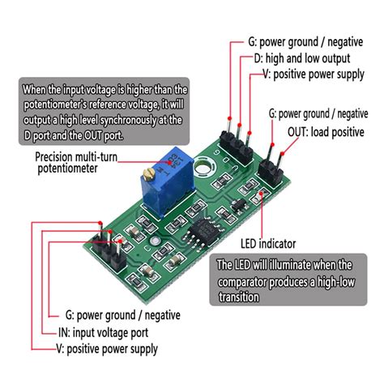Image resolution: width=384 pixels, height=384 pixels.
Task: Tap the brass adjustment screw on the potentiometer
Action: (148, 174)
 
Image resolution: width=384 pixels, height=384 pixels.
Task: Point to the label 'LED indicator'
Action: (268, 244)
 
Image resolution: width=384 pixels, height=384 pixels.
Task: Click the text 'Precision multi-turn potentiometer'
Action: (76, 163)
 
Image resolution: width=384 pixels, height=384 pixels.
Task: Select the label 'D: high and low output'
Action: (302, 58)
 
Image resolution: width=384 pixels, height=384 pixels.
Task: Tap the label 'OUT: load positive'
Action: (326, 132)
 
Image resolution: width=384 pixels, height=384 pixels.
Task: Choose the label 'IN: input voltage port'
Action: (104, 332)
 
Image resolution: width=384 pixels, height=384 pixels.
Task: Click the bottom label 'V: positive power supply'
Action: (107, 349)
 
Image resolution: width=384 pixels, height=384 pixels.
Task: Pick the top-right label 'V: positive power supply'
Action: (314, 75)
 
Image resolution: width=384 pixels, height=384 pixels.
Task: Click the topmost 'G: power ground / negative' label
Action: (305, 42)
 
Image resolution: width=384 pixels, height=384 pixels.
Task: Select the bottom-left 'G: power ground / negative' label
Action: (123, 315)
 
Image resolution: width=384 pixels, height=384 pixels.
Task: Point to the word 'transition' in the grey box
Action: (239, 297)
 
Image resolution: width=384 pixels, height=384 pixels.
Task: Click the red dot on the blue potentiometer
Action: (170, 162)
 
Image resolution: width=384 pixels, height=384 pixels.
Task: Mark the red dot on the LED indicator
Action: (261, 193)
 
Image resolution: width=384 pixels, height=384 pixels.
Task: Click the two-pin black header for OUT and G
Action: (271, 173)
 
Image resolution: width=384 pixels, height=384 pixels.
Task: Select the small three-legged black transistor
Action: (239, 206)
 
